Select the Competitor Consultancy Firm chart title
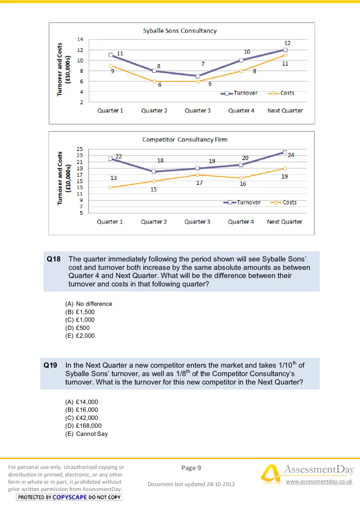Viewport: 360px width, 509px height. [184, 139]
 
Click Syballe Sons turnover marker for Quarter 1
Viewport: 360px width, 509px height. [111, 55]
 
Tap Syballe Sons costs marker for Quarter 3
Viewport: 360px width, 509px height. [198, 81]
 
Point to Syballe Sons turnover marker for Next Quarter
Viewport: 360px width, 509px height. [285, 50]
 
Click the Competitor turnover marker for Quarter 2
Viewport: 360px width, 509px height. [154, 171]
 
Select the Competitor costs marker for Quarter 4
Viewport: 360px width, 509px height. [241, 178]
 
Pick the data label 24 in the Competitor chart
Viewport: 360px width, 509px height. [291, 155]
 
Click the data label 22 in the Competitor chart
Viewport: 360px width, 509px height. [119, 156]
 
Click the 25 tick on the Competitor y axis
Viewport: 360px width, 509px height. [80, 149]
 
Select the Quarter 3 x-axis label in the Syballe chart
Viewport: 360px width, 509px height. [198, 111]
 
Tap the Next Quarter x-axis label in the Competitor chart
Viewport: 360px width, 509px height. [284, 222]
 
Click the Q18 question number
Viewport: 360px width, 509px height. [54, 259]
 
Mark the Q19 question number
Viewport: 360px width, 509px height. [50, 366]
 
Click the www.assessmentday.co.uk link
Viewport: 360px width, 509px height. [319, 482]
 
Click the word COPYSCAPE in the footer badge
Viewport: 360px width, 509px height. [69, 497]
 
